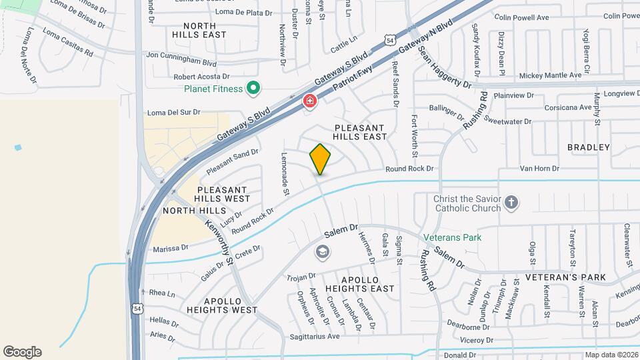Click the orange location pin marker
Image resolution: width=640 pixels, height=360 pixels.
(320, 159)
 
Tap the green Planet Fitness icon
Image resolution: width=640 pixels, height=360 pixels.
(253, 88)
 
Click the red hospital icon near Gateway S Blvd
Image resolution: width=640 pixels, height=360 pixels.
(309, 101)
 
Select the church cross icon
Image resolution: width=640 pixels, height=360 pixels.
(511, 202)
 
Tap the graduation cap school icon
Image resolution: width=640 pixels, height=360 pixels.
(323, 252)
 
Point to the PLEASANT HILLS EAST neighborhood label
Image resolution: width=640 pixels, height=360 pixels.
(360, 132)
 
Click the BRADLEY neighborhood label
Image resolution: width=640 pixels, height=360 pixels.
(589, 147)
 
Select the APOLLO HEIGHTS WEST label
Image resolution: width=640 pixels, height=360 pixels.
(222, 305)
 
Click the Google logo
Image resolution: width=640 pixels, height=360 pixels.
(22, 352)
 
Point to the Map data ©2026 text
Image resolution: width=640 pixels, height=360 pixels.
(611, 355)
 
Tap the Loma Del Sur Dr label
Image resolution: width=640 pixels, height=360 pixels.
(173, 112)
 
